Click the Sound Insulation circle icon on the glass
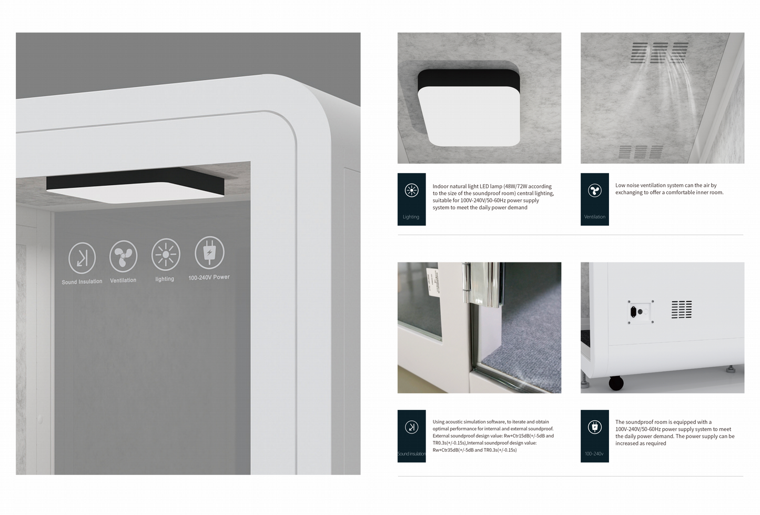82,257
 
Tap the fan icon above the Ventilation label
123,256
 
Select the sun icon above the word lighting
166,254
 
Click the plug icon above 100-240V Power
209,252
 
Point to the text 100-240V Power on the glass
209,277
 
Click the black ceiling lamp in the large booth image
135,185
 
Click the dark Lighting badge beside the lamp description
411,199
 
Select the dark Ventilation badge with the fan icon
594,199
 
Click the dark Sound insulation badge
411,436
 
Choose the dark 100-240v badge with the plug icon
594,436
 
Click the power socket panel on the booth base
641,311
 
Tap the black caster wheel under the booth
616,382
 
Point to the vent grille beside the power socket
681,310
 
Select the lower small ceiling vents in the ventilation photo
640,152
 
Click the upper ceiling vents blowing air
660,53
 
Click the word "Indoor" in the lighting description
441,186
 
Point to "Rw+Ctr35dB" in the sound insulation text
445,450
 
